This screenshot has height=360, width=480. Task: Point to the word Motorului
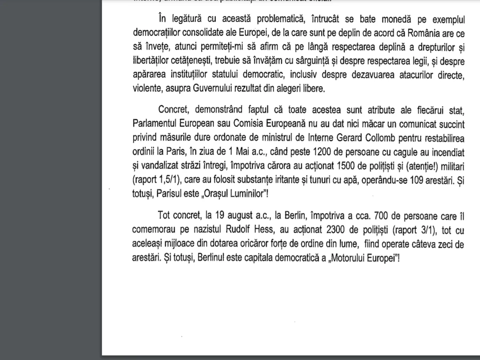(347, 258)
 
